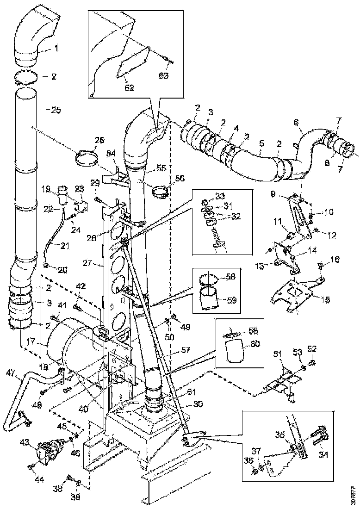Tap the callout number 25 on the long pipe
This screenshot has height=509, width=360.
point(56,110)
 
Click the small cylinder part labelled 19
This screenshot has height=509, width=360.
point(63,193)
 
